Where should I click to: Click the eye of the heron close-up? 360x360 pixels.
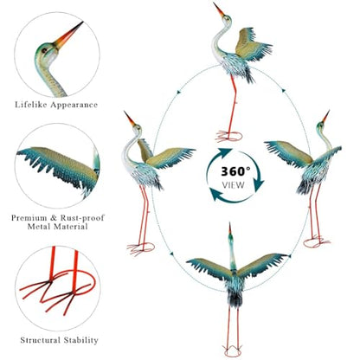pos(44,50)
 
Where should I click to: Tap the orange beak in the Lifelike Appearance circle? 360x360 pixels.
pos(68,35)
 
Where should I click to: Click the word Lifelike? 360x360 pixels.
pos(31,105)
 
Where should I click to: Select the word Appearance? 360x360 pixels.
pos(74,105)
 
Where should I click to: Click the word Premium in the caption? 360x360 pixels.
pos(29,218)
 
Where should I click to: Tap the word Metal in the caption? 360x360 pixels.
pos(39,227)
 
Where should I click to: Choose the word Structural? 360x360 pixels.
pos(41,340)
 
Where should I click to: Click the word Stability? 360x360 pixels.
pos(81,340)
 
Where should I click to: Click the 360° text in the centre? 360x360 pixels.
pos(235,171)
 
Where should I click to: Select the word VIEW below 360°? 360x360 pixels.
pos(233,185)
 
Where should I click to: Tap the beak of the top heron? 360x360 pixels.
pos(219,10)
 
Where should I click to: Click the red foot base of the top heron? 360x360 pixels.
pos(228,136)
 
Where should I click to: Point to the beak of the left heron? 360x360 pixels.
pos(129,119)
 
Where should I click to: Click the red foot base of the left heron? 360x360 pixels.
pos(141,248)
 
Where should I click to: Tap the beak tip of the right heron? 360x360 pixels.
pos(329,111)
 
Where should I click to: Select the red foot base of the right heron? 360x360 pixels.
pos(317,241)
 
